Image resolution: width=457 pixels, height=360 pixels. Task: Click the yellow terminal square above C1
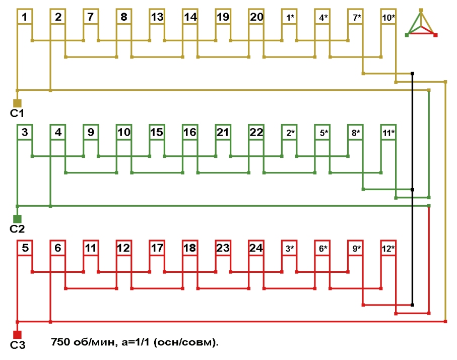tap(17, 103)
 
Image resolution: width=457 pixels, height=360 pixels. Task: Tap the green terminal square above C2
tap(17, 219)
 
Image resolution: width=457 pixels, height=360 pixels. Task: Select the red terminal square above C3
tap(17, 334)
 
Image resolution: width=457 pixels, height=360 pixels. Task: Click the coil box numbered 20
tap(256, 17)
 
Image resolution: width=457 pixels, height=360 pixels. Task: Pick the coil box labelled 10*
tap(388, 17)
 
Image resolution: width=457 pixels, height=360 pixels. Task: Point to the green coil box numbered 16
tap(190, 133)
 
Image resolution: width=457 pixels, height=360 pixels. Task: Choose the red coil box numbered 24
tap(256, 248)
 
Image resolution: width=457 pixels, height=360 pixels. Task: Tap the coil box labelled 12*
tap(388, 248)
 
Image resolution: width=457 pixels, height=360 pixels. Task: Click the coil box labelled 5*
tap(323, 133)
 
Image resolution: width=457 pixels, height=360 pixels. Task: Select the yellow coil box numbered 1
tap(25, 17)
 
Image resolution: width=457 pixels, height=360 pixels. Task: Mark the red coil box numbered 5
tap(25, 248)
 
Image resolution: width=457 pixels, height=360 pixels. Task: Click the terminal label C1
tap(17, 112)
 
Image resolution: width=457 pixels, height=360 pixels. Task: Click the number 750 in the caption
tap(61, 342)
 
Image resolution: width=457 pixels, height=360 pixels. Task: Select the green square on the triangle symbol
tap(407, 35)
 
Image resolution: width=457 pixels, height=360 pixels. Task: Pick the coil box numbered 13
tap(157, 17)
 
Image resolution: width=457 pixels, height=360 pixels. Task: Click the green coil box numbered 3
tap(25, 133)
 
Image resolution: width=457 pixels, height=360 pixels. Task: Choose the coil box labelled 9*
tap(356, 248)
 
